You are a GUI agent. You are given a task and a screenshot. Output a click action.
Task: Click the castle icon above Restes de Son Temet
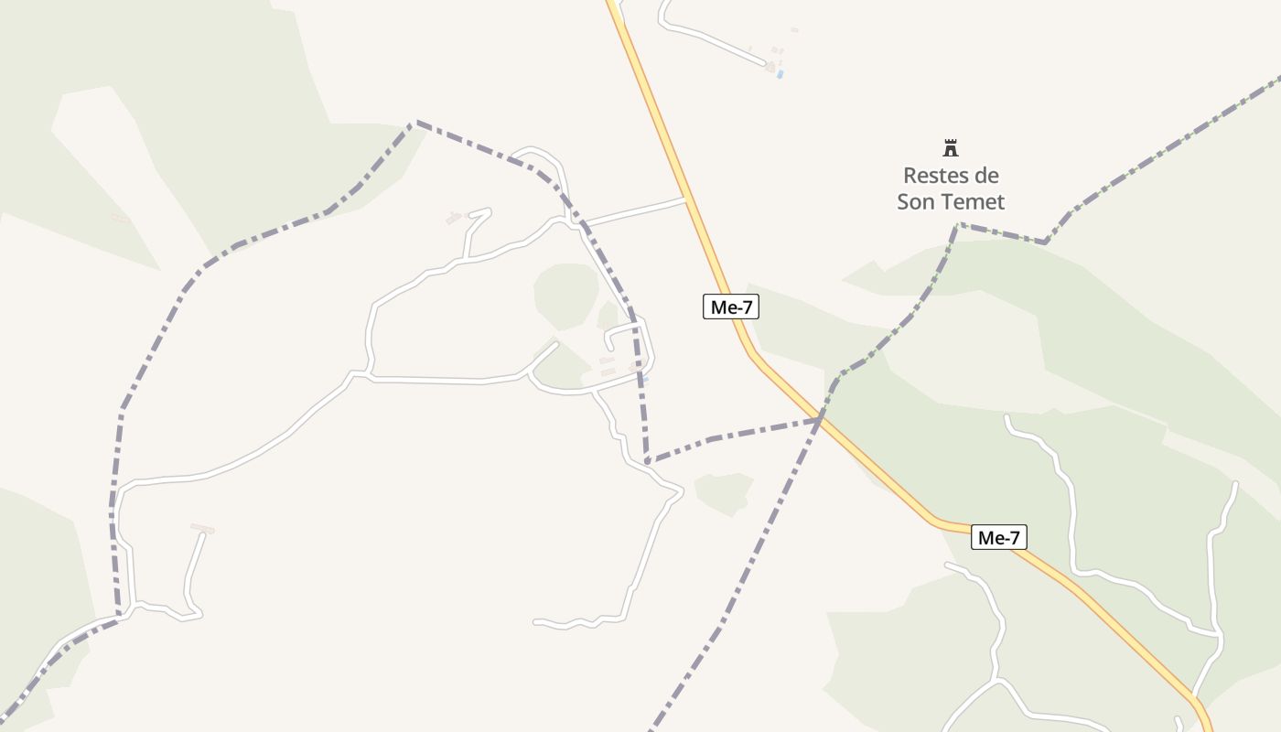951,147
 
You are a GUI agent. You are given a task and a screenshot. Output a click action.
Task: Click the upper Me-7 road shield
730,307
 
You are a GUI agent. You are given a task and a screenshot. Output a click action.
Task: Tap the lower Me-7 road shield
997,538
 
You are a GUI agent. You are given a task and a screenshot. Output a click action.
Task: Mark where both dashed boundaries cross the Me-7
820,420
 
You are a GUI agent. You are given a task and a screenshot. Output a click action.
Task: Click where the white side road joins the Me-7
685,199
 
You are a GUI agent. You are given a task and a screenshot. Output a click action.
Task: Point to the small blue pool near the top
780,74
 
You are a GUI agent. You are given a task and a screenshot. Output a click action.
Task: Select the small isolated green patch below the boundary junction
724,492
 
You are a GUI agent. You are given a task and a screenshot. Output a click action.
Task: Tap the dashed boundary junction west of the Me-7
647,460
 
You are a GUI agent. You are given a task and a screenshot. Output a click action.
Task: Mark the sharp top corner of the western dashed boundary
416,121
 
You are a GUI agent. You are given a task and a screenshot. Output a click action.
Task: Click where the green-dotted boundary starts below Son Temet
957,225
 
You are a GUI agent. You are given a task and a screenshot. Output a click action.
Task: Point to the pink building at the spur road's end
201,529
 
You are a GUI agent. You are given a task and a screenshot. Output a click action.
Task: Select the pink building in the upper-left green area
120,218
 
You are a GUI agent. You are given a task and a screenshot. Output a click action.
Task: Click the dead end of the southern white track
535,622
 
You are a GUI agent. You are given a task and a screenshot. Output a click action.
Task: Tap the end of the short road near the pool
765,64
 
